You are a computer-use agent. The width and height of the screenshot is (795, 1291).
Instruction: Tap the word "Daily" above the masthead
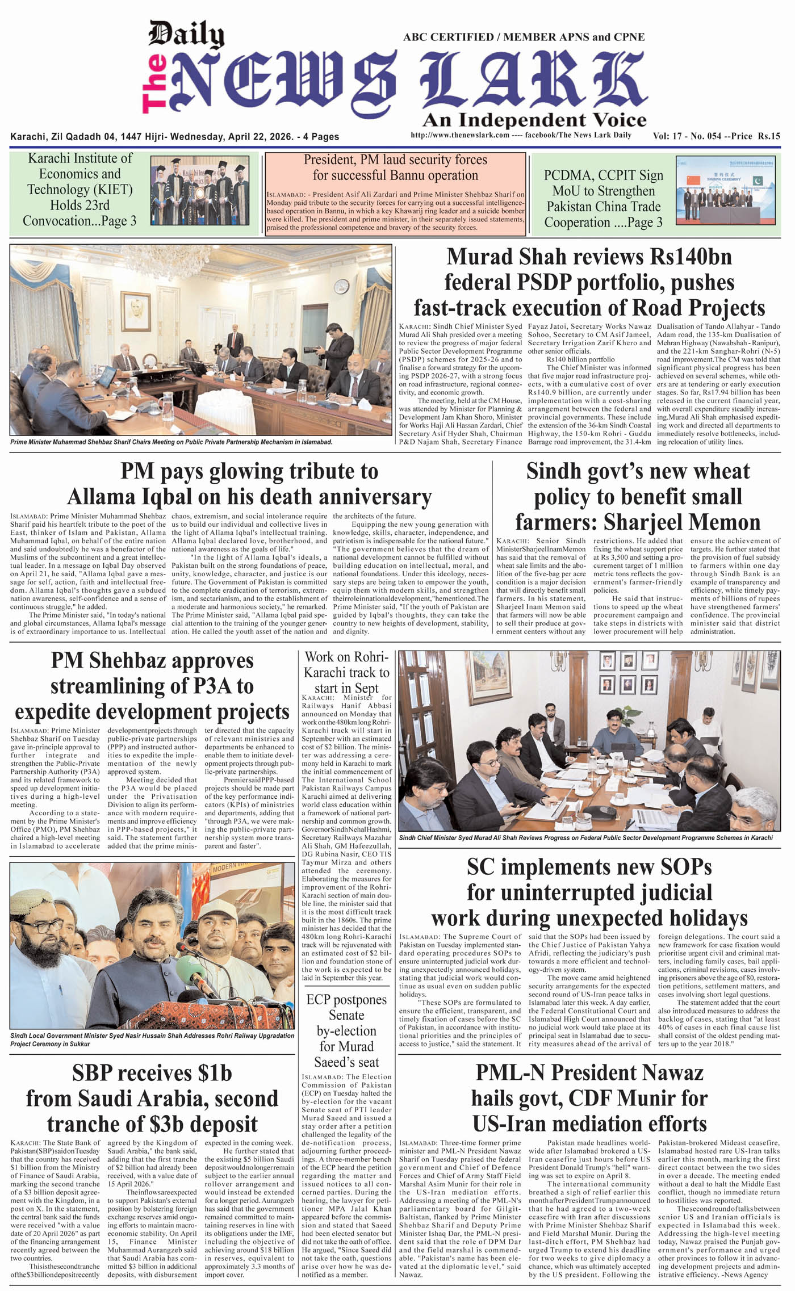(x=186, y=35)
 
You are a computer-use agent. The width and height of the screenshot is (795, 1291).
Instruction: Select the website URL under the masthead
(x=459, y=135)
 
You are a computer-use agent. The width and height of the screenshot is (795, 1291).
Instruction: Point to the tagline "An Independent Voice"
(x=534, y=120)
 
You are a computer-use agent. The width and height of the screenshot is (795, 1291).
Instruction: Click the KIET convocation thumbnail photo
(x=199, y=191)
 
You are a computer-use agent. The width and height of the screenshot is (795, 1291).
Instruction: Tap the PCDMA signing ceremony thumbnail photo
(x=725, y=191)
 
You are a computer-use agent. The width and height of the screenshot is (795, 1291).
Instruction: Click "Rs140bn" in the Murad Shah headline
(x=691, y=257)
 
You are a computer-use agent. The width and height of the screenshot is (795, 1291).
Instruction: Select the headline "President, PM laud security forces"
(x=395, y=160)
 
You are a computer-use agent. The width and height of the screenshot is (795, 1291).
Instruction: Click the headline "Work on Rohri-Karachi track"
(x=346, y=672)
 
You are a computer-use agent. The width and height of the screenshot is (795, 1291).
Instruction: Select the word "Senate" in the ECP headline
(x=346, y=1015)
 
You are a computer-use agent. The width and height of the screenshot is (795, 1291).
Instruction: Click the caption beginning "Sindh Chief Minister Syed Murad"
(x=585, y=838)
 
